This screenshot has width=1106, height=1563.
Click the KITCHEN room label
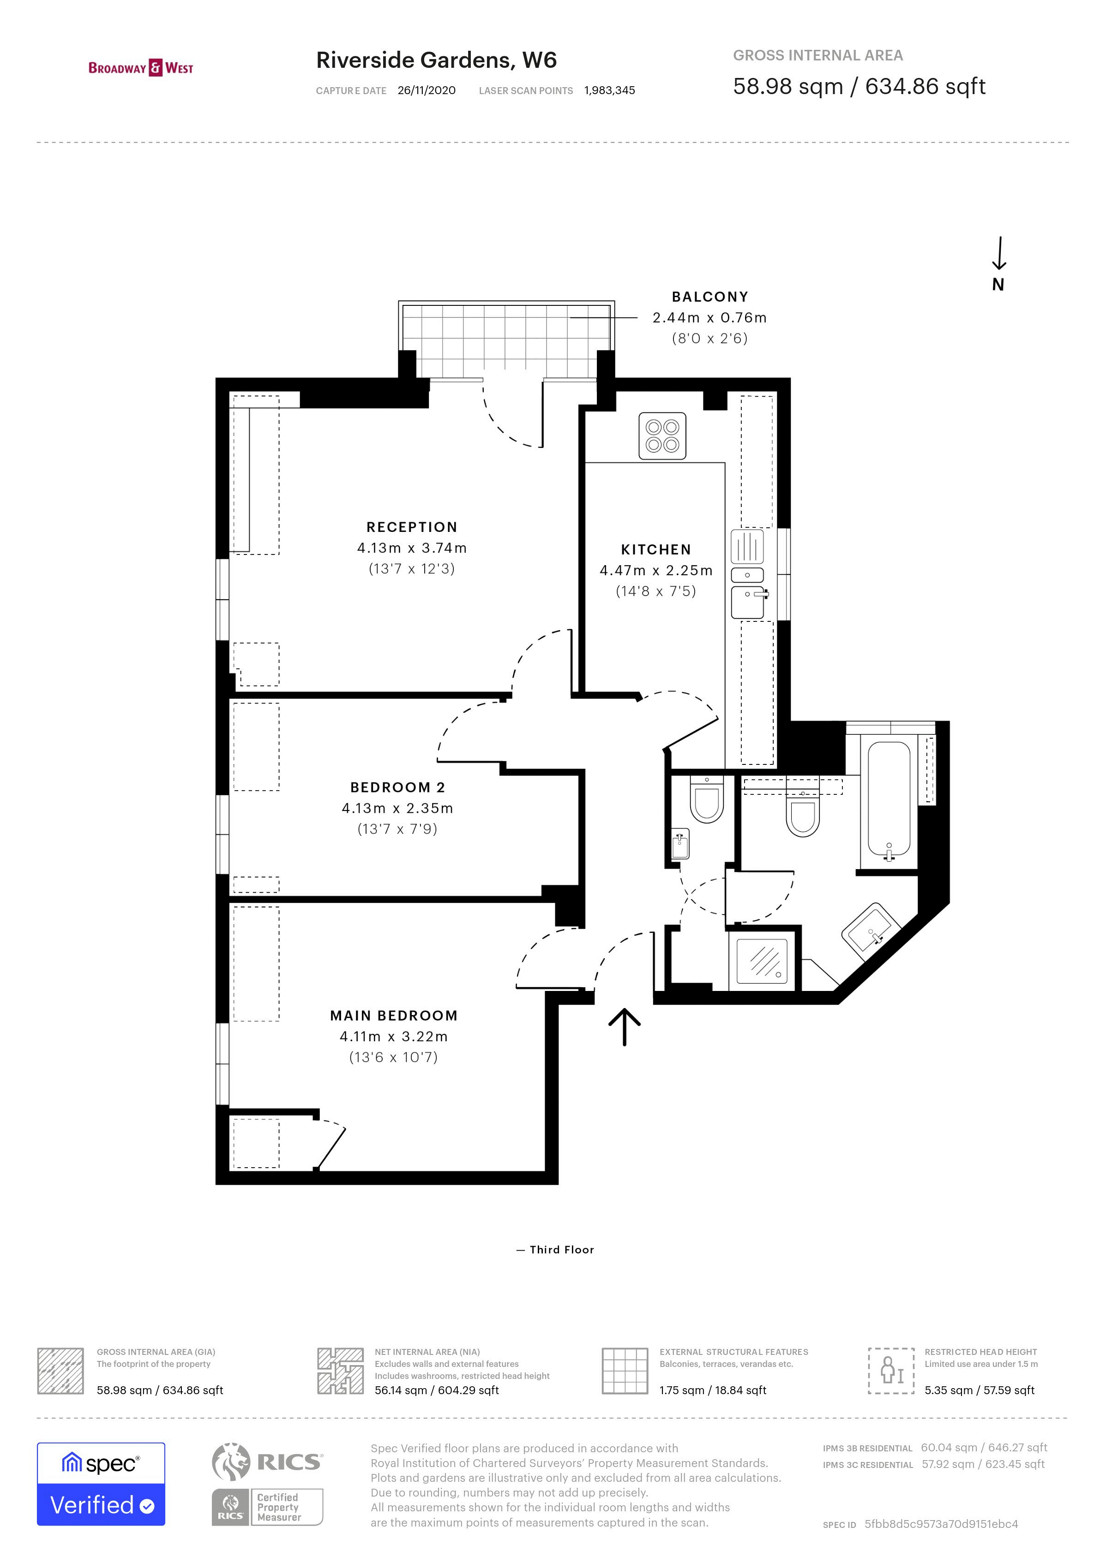tap(656, 549)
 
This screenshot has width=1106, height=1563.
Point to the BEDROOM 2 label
tap(398, 787)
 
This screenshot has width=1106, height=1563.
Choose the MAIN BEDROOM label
tap(394, 1016)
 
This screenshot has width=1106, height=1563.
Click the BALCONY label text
tap(709, 297)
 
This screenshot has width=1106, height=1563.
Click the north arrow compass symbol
tap(998, 264)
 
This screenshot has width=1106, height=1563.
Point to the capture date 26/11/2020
tap(427, 90)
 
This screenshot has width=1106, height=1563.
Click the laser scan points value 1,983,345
tap(609, 90)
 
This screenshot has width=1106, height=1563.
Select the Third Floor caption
tap(561, 1250)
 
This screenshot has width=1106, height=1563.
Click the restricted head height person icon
tap(891, 1370)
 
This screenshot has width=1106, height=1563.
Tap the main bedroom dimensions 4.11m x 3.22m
tap(394, 1037)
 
